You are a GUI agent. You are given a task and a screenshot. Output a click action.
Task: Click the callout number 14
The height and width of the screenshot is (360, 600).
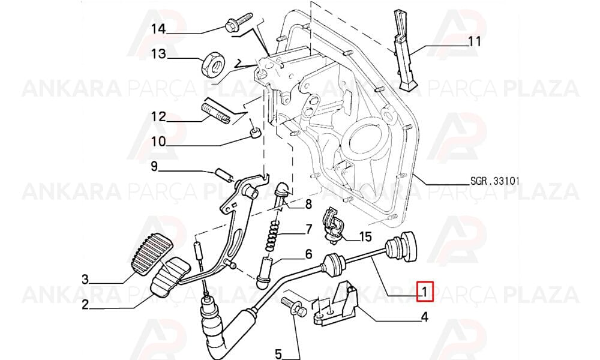pyautogui.click(x=158, y=28)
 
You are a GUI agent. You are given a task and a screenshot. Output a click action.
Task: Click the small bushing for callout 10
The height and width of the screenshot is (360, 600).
pyautogui.click(x=256, y=133)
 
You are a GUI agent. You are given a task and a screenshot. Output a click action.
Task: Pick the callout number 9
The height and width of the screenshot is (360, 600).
pyautogui.click(x=154, y=166)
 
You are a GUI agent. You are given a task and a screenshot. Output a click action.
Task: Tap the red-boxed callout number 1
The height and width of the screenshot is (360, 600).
pyautogui.click(x=424, y=292)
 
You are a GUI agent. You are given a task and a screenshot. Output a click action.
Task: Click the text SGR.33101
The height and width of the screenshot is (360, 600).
pyautogui.click(x=495, y=181)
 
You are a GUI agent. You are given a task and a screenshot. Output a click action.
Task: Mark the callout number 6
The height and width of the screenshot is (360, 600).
pyautogui.click(x=308, y=254)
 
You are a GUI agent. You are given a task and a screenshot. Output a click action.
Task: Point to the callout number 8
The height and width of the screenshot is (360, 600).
pyautogui.click(x=308, y=204)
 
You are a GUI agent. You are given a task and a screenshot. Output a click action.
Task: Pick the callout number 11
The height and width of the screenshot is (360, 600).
pyautogui.click(x=475, y=41)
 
